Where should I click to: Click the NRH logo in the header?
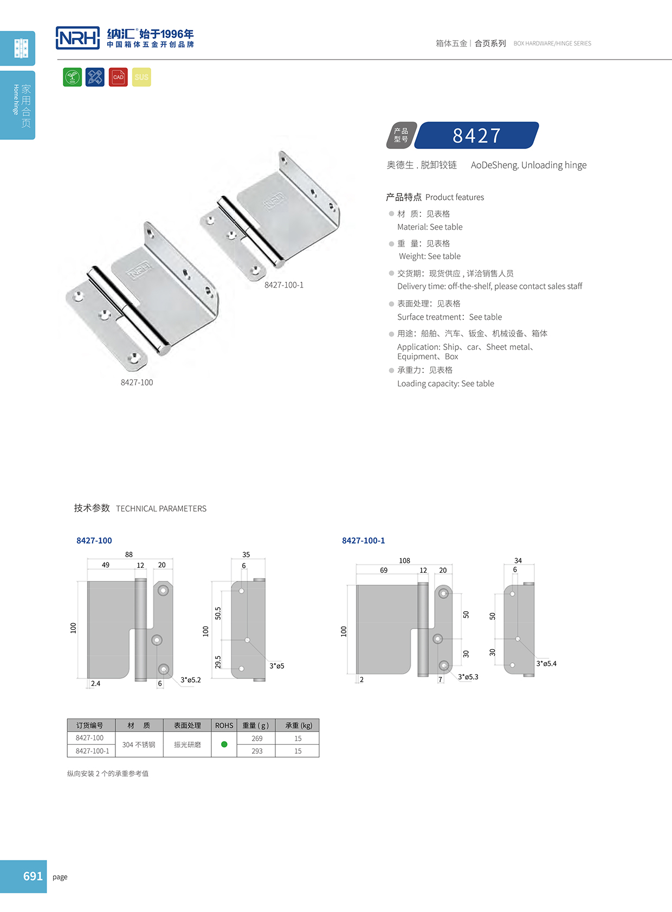pyautogui.click(x=78, y=38)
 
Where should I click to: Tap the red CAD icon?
pyautogui.click(x=118, y=77)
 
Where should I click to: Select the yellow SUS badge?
pyautogui.click(x=141, y=77)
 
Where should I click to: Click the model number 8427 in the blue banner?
pyautogui.click(x=477, y=135)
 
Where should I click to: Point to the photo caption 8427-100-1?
pyautogui.click(x=284, y=285)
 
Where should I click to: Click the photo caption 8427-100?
pyautogui.click(x=137, y=383)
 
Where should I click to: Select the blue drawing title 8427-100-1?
pyautogui.click(x=363, y=541)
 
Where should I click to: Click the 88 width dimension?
pyautogui.click(x=129, y=554)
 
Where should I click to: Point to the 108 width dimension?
pyautogui.click(x=404, y=560)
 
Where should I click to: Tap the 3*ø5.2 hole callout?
pyautogui.click(x=191, y=680)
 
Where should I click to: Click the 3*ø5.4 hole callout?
pyautogui.click(x=546, y=663)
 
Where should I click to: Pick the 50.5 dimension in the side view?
pyautogui.click(x=218, y=613)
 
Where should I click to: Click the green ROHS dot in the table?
pyautogui.click(x=224, y=744)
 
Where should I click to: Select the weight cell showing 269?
pyautogui.click(x=257, y=738)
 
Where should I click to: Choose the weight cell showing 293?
pyautogui.click(x=257, y=751)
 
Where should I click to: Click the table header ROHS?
pyautogui.click(x=224, y=725)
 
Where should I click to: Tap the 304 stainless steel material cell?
pyautogui.click(x=139, y=745)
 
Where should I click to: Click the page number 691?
pyautogui.click(x=33, y=876)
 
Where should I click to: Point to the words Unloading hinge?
pyautogui.click(x=554, y=165)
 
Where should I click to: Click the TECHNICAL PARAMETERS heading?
pyautogui.click(x=161, y=508)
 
